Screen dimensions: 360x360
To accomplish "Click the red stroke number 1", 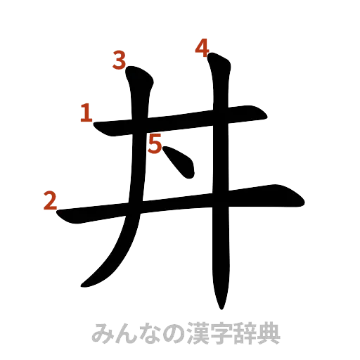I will coord(86,113).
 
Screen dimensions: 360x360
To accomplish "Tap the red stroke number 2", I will coord(49,201).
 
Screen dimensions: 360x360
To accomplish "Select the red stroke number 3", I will coord(120,61).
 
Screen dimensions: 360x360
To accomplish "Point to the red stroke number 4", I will coord(202,49).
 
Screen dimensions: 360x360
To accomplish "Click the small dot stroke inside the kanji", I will coord(180,164).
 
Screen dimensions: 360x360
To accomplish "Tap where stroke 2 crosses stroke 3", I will coord(134,209).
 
